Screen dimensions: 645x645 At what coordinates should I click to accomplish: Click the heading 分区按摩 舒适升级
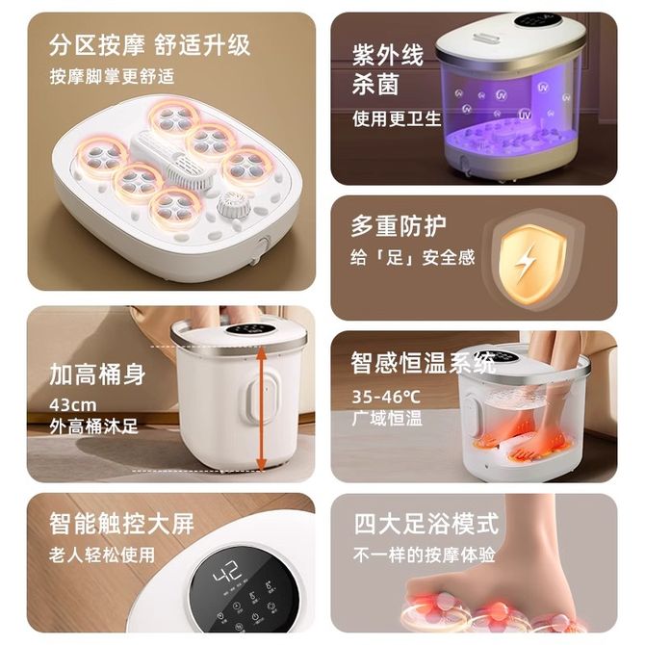click(x=150, y=45)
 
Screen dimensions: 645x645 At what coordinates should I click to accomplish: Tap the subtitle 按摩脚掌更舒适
click(x=112, y=76)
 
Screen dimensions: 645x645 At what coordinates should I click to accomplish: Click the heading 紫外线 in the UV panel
click(x=388, y=55)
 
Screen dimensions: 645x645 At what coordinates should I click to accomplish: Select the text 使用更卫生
click(x=397, y=118)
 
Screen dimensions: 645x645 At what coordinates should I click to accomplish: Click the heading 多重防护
click(x=399, y=225)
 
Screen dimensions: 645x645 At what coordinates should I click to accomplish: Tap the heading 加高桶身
click(x=97, y=374)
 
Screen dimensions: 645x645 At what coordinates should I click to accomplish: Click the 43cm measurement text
click(x=73, y=405)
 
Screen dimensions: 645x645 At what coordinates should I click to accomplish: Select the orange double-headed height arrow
click(x=260, y=407)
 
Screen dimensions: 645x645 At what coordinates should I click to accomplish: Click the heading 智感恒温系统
click(x=424, y=363)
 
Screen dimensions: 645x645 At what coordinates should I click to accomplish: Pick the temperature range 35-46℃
click(x=386, y=397)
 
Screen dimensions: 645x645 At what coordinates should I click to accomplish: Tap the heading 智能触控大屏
click(x=121, y=524)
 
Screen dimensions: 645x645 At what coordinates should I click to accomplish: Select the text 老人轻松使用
click(x=102, y=555)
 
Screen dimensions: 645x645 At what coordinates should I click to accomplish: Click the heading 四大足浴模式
click(x=426, y=524)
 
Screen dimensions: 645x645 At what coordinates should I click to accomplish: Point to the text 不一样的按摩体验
click(x=425, y=555)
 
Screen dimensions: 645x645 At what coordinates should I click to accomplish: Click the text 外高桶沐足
click(x=93, y=426)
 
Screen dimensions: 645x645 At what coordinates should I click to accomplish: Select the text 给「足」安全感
click(x=413, y=257)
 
